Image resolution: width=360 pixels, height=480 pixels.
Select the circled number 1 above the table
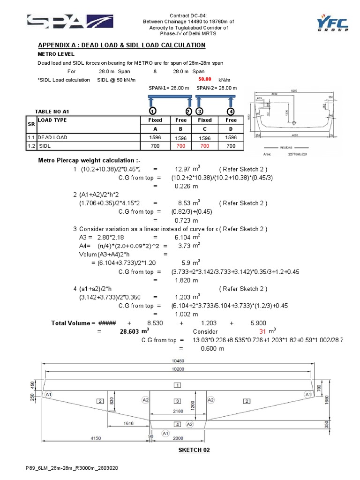pyautogui.click(x=152, y=111)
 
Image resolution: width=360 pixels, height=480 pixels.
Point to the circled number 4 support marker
pyautogui.click(x=231, y=111)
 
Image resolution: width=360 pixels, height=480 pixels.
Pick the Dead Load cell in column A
pyautogui.click(x=154, y=137)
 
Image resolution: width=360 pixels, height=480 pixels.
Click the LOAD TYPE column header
pyautogui.click(x=52, y=120)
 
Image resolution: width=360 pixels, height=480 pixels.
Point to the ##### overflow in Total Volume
pyautogui.click(x=106, y=323)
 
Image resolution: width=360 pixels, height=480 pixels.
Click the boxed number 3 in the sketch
pyautogui.click(x=177, y=401)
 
